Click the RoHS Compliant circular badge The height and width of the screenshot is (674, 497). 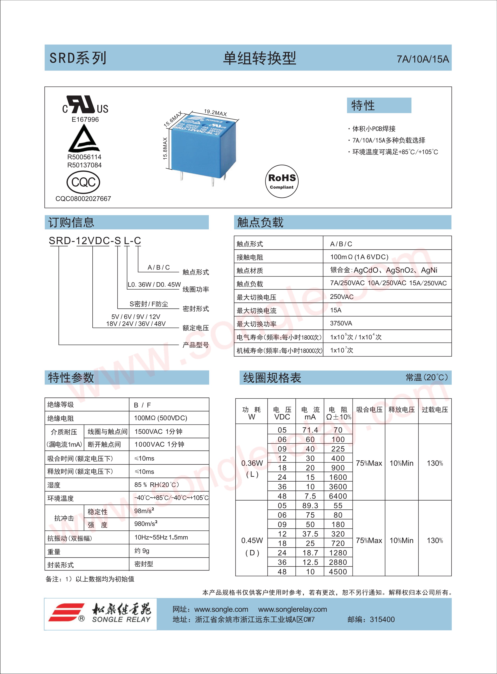point(282,181)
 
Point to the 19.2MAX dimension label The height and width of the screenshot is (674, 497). point(215,113)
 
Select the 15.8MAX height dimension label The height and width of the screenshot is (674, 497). point(165,149)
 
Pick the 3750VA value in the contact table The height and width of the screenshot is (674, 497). point(341,323)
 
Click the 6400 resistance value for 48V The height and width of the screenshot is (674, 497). point(338,496)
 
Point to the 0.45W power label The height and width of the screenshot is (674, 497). point(252,540)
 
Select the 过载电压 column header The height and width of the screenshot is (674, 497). point(435,410)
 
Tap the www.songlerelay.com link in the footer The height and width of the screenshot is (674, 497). point(292,609)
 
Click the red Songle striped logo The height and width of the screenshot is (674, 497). point(67,612)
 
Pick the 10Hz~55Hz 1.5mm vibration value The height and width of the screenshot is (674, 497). point(161,537)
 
